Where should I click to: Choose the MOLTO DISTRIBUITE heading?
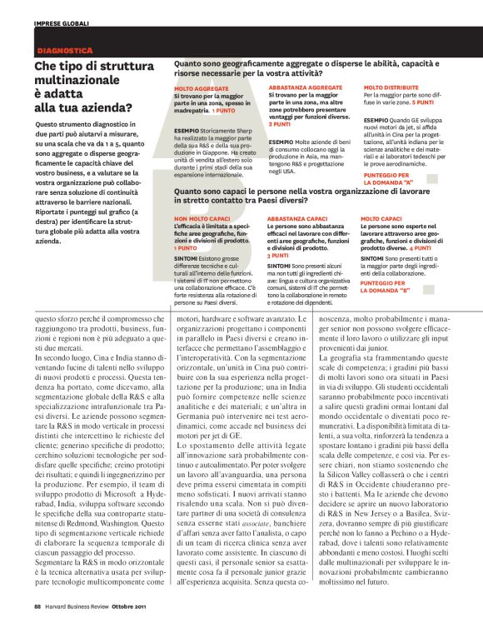392,87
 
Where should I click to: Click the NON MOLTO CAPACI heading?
202,217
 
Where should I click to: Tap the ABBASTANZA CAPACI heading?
297,217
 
